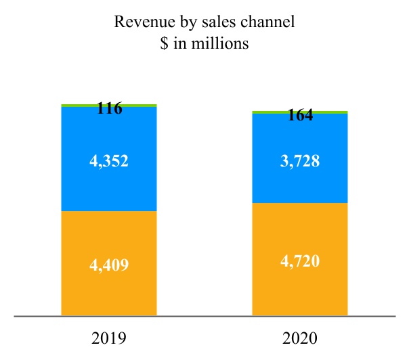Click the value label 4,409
pyautogui.click(x=109, y=264)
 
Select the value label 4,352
pyautogui.click(x=109, y=161)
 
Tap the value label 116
pyautogui.click(x=109, y=108)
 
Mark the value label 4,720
pyautogui.click(x=300, y=259)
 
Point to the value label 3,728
pyautogui.click(x=300, y=161)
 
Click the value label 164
pyautogui.click(x=300, y=115)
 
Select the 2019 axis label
pyautogui.click(x=109, y=337)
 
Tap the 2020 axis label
pyautogui.click(x=300, y=337)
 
